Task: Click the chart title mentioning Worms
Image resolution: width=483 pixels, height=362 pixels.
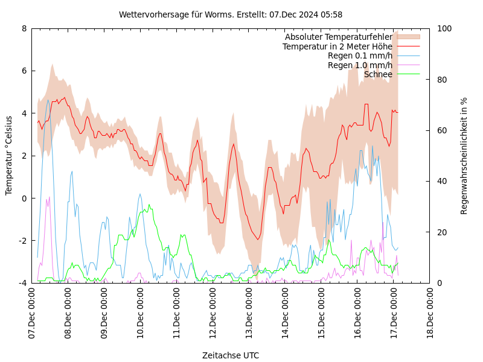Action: (x=231, y=14)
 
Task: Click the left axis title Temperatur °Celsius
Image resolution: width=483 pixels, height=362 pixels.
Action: (x=9, y=155)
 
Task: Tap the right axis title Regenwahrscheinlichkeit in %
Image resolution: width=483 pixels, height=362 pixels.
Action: (x=464, y=156)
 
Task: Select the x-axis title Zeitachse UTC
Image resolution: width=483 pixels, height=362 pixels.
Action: (x=231, y=355)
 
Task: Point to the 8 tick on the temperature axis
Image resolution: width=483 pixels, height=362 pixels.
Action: (x=24, y=28)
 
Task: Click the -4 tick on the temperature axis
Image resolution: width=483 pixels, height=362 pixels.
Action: (x=22, y=283)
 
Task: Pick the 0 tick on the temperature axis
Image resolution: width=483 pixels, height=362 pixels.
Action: (x=24, y=198)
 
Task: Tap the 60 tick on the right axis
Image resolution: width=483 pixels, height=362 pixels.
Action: (x=442, y=130)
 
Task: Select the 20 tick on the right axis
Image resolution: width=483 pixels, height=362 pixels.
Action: (x=442, y=232)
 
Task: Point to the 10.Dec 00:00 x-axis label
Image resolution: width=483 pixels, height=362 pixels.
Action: (x=140, y=313)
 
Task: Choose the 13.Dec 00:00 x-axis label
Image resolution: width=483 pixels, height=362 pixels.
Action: (x=249, y=313)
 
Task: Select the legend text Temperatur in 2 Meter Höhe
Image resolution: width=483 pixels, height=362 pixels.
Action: (x=337, y=46)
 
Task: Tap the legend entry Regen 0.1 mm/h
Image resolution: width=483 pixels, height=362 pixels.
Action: (x=360, y=56)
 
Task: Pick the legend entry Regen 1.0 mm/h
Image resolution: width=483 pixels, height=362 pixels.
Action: (x=360, y=65)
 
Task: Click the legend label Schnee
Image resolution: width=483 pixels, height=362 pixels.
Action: (x=378, y=74)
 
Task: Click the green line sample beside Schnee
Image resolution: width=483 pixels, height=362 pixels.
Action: (x=408, y=74)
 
